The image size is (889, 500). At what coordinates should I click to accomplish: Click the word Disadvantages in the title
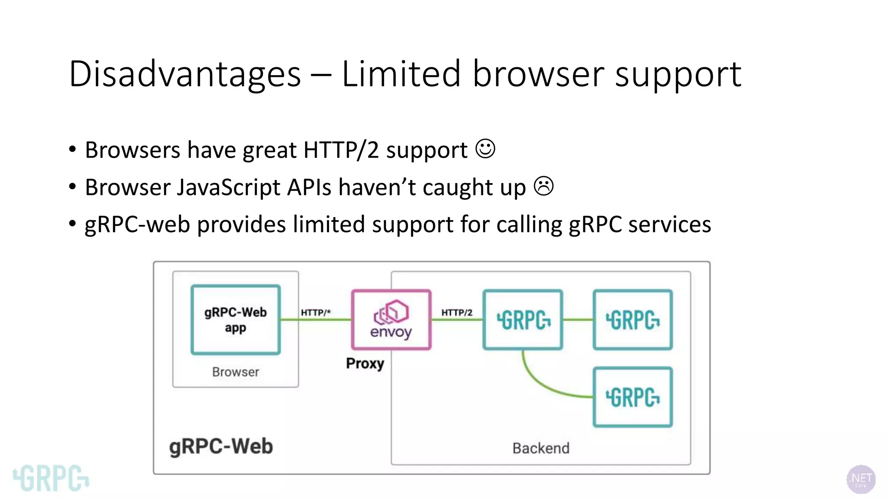pos(185,74)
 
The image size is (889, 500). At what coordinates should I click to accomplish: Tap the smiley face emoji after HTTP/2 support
pos(485,149)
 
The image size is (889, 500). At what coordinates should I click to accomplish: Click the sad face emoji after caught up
pos(543,186)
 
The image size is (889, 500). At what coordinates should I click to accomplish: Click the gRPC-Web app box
pos(235,320)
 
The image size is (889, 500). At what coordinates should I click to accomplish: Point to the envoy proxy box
pos(391,320)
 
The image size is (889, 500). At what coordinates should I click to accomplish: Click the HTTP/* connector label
pos(316,312)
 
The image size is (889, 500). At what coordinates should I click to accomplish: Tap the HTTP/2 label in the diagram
pos(457,312)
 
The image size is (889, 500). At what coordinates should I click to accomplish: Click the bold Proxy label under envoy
pos(365,363)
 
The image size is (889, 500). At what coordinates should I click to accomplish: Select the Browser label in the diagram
pos(235,372)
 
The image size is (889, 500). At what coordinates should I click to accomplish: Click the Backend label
pos(541,448)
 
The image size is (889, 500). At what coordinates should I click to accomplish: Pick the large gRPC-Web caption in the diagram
pos(221,447)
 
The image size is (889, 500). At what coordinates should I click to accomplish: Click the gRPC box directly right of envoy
pos(523,320)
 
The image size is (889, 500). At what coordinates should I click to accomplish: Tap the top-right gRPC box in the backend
pos(632,320)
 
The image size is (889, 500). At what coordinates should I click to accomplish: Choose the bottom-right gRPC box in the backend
pos(632,397)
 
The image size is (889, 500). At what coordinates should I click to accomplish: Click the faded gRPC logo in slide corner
pos(51,478)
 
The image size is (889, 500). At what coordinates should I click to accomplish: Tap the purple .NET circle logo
pos(861,479)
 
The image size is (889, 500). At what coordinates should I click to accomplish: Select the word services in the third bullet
pos(669,224)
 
